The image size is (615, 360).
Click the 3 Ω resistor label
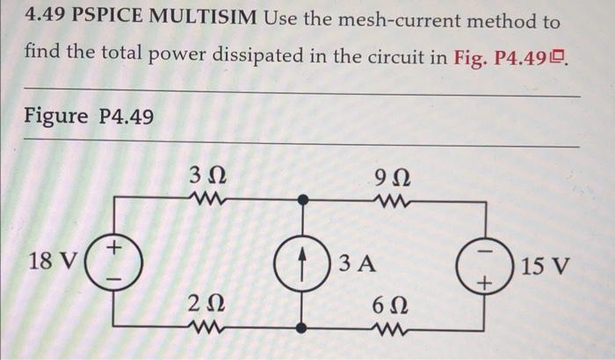click(x=209, y=174)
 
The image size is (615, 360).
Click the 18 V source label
click(x=53, y=262)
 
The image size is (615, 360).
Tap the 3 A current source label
click(x=357, y=263)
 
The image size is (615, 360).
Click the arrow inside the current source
click(x=301, y=263)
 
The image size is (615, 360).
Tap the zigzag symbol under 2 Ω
click(x=209, y=328)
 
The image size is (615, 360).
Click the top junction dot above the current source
click(x=301, y=198)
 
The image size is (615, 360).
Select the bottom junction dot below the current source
click(x=301, y=328)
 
